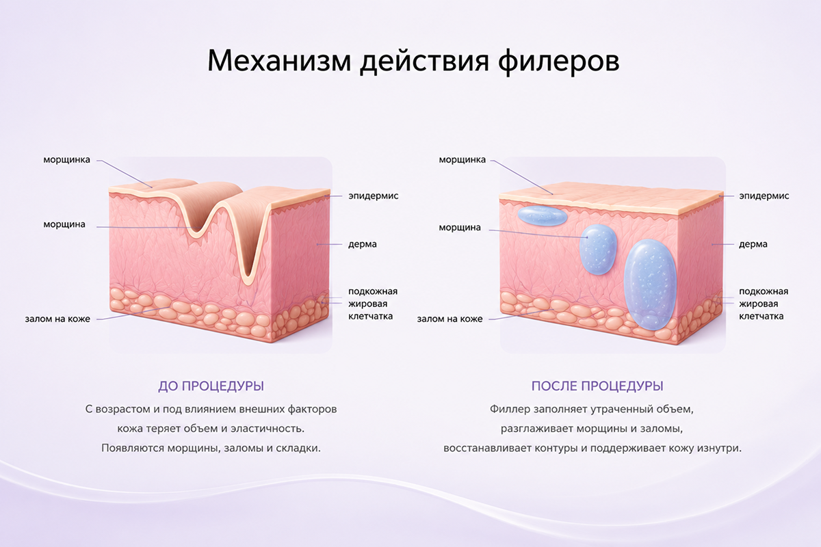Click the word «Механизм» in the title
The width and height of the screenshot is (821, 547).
(279, 60)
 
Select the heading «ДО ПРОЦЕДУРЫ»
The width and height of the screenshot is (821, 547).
(211, 386)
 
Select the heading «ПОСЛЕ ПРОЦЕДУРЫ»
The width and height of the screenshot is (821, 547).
(597, 386)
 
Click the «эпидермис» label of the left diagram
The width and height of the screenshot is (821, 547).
(373, 196)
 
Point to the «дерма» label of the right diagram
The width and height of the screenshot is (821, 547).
(753, 244)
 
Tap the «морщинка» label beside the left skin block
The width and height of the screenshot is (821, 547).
(67, 160)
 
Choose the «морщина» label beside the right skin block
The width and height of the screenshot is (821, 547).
(460, 228)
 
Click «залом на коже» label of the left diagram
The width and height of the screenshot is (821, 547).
(57, 319)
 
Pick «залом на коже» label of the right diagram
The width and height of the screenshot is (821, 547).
(449, 319)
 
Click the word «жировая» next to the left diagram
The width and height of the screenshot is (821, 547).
(367, 304)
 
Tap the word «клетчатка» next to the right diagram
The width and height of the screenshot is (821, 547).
(761, 316)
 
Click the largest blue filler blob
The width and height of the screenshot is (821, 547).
(650, 284)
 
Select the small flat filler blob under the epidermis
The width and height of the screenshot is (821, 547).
(542, 215)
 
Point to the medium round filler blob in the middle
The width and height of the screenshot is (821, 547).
(598, 250)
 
